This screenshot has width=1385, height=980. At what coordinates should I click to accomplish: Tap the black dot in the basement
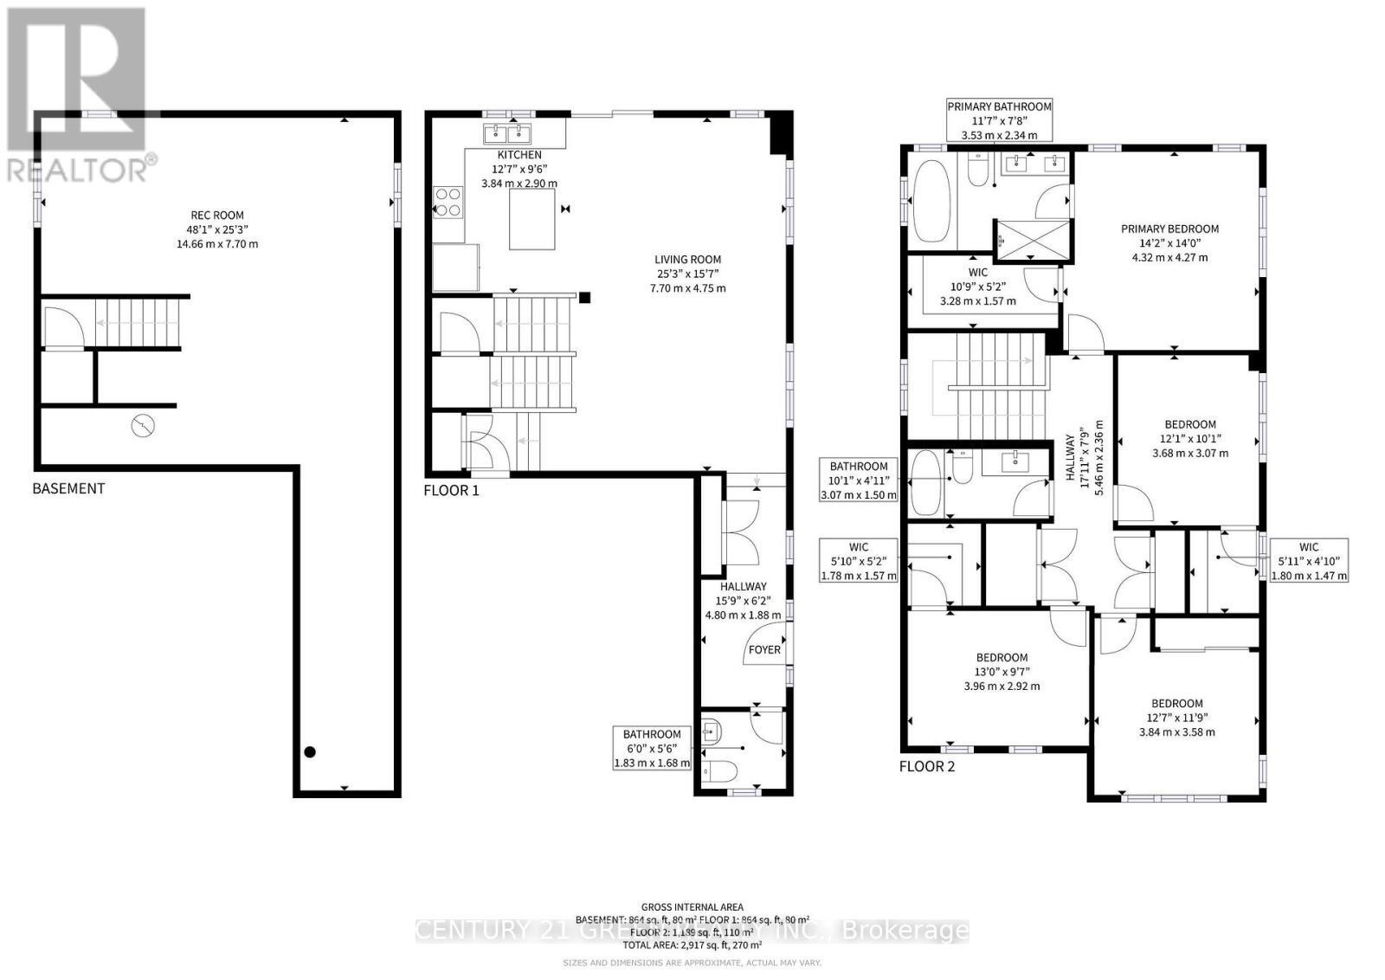[310, 751]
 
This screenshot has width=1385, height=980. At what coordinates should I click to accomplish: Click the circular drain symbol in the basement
[143, 426]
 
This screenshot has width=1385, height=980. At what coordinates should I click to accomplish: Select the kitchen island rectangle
[531, 219]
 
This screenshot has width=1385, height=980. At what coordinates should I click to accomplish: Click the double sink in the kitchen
[507, 133]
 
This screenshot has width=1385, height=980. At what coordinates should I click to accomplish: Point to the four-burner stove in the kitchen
[448, 202]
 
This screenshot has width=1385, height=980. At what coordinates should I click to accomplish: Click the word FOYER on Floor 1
[764, 649]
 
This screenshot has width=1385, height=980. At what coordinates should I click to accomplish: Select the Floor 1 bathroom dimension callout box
[653, 748]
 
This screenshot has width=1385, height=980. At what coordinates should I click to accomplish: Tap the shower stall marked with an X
[1032, 240]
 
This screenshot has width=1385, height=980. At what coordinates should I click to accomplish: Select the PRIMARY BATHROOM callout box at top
[999, 120]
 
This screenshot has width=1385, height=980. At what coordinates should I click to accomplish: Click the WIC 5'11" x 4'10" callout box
[1308, 561]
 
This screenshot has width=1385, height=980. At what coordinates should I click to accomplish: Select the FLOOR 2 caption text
[926, 766]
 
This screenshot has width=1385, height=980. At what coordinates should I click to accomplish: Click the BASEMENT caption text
[68, 488]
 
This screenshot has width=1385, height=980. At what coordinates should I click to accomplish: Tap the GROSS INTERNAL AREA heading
[692, 907]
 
